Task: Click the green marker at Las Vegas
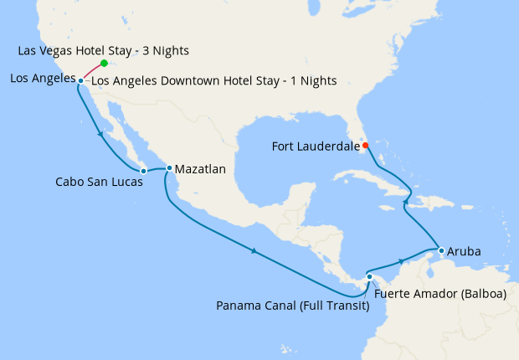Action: coord(104,63)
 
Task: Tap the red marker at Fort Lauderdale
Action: coord(365,145)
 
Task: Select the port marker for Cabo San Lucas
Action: coord(143,171)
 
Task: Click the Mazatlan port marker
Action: coord(169,167)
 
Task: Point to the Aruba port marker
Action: coord(440,249)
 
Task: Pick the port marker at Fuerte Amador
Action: coord(369,276)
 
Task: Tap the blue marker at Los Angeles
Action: coord(80,80)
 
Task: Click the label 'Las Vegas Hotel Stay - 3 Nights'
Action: coord(103,50)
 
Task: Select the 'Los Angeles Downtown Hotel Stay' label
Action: coord(213,81)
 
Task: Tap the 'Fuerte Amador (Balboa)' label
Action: coord(440,294)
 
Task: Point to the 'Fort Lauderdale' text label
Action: coord(316,146)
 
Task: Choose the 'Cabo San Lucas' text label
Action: coord(92,181)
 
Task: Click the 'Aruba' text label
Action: coord(464,250)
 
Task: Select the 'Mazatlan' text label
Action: coord(201,168)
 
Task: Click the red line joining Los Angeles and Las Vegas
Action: coord(92,72)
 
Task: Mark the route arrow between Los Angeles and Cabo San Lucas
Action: coord(102,134)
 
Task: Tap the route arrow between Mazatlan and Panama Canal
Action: coord(254,250)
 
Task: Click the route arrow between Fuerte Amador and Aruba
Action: coord(403,261)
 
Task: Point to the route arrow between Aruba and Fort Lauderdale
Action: coord(406,201)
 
